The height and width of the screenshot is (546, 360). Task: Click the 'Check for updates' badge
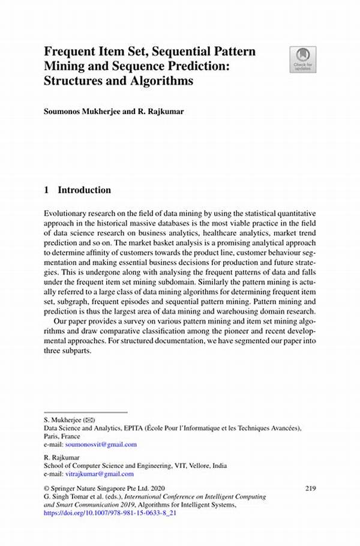[304, 60]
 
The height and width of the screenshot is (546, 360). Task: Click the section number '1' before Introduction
[47, 190]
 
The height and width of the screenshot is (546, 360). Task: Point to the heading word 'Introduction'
[84, 190]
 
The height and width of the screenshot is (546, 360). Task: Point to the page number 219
[310, 488]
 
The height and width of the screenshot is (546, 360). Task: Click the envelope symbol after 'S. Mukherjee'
[88, 420]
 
